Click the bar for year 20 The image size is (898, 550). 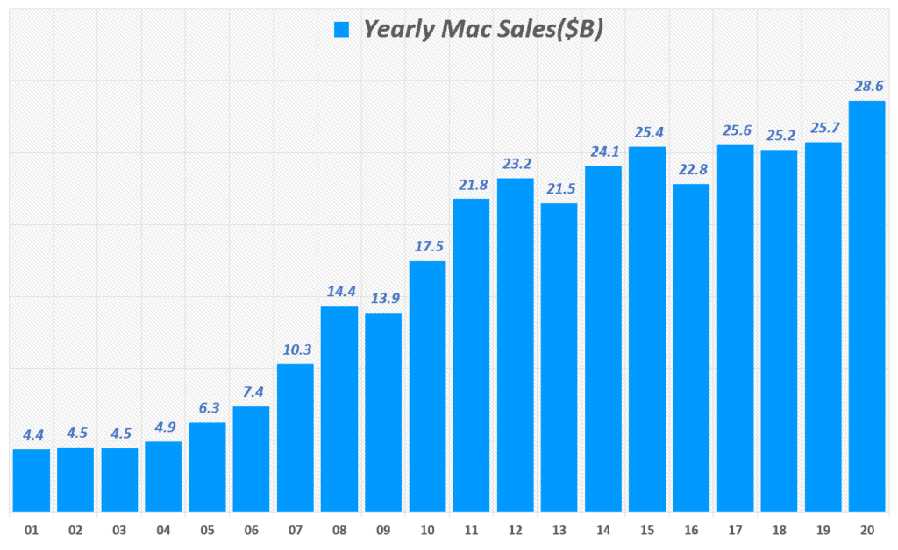(866, 307)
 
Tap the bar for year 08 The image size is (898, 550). (339, 408)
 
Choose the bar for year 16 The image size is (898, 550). (691, 348)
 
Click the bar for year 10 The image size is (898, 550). (427, 386)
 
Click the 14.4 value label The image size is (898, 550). (339, 291)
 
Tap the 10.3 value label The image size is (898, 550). (296, 349)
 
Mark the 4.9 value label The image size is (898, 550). (163, 427)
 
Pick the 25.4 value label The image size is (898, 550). (647, 132)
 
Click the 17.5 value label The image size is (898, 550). (427, 246)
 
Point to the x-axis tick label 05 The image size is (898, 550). (207, 531)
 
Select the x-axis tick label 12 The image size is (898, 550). (515, 531)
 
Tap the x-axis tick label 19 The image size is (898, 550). (823, 531)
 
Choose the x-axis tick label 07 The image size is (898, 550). (296, 531)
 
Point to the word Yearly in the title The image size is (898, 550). (396, 29)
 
